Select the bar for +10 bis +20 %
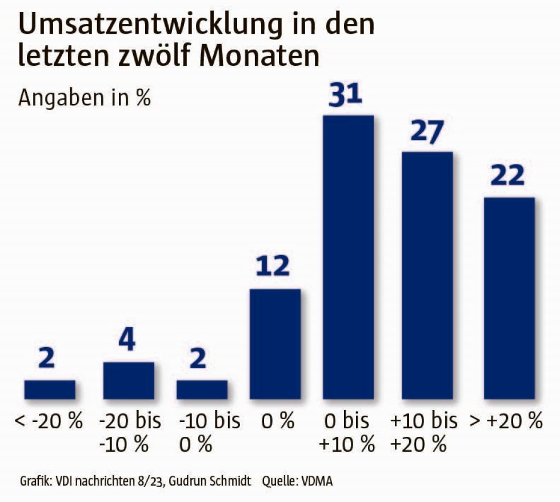point(427,274)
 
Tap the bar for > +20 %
point(509,297)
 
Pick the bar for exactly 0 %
point(275,343)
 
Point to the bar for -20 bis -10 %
point(129,380)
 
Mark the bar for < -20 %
point(50,389)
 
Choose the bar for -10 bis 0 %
point(202,389)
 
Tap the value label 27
point(427,132)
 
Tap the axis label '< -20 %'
point(50,422)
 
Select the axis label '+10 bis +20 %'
point(424,432)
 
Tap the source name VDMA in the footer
point(313,481)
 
